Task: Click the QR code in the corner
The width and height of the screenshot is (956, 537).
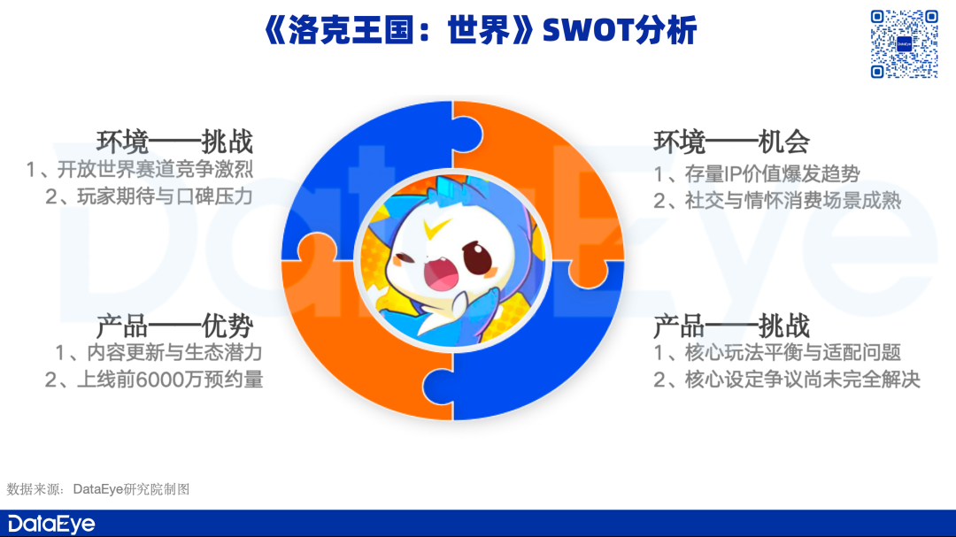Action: [904, 44]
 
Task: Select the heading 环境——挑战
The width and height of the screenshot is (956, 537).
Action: [174, 142]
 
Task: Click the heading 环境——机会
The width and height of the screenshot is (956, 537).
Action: [732, 142]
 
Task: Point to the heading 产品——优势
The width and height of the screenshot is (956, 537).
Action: [174, 326]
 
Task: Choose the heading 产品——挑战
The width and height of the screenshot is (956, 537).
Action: [732, 326]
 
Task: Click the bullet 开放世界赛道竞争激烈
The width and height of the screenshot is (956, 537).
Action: [155, 170]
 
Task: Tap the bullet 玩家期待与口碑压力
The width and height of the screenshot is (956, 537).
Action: [165, 196]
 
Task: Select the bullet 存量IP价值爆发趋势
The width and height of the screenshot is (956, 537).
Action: [772, 174]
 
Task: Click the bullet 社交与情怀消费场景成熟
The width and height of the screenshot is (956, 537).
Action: [792, 201]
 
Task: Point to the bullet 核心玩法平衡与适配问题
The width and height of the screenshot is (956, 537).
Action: [792, 352]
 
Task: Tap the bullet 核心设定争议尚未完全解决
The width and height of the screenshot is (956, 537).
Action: [802, 380]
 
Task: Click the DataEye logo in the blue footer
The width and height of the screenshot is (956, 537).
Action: [51, 525]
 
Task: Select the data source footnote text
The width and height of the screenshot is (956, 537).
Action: [98, 489]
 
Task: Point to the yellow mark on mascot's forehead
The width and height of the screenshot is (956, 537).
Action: [438, 228]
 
